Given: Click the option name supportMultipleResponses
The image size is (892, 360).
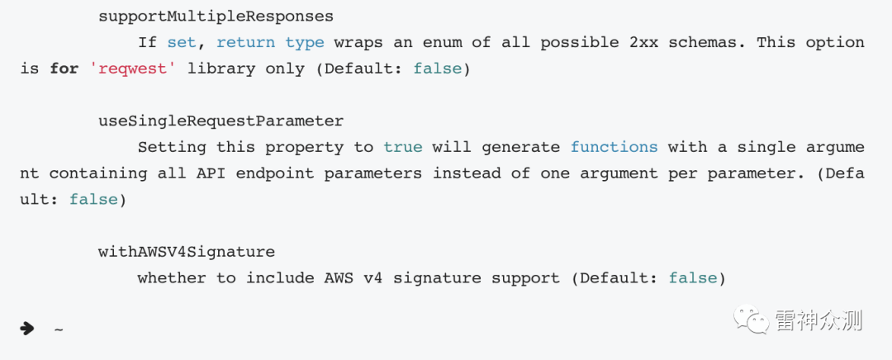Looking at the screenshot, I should [216, 16].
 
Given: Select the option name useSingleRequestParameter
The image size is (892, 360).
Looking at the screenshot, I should [221, 121].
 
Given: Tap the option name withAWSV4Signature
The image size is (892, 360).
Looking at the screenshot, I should [187, 252].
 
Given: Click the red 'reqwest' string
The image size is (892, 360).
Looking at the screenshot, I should [132, 69].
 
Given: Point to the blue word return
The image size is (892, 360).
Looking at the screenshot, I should [245, 42].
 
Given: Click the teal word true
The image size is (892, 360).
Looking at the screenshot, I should [402, 147].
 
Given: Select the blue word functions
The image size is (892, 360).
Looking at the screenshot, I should [614, 147].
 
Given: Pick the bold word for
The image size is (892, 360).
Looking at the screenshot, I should [64, 69].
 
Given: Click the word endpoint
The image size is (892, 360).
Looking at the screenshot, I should [274, 173].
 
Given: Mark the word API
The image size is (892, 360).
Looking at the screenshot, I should [216, 173].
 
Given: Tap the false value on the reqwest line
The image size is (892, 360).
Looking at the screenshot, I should [437, 69].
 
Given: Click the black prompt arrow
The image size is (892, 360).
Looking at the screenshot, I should [27, 329].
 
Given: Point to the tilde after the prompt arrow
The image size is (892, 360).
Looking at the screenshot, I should [59, 329].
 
